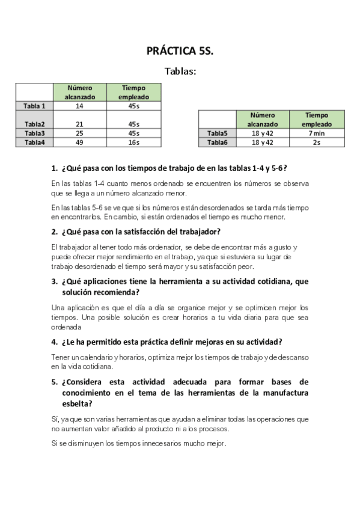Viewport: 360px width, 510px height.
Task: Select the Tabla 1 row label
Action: (34, 106)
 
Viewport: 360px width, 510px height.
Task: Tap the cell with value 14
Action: (79, 106)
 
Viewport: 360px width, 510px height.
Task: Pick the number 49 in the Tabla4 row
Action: (79, 143)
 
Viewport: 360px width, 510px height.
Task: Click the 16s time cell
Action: (135, 143)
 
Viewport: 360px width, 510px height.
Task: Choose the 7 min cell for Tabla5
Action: (317, 133)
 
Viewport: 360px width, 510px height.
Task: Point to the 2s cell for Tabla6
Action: (317, 143)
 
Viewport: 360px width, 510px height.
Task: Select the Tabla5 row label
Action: (217, 133)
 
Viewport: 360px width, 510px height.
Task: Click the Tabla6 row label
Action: (217, 143)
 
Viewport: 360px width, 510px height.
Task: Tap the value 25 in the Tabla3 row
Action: (79, 133)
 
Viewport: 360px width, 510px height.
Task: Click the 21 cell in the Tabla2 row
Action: (79, 124)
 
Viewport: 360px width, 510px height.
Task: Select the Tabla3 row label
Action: (34, 133)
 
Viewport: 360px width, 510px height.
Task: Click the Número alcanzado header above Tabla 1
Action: (79, 92)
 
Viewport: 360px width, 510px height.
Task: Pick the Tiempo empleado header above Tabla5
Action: (317, 119)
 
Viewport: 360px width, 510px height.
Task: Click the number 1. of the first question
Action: (55, 168)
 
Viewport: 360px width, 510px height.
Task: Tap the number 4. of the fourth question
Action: (55, 342)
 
